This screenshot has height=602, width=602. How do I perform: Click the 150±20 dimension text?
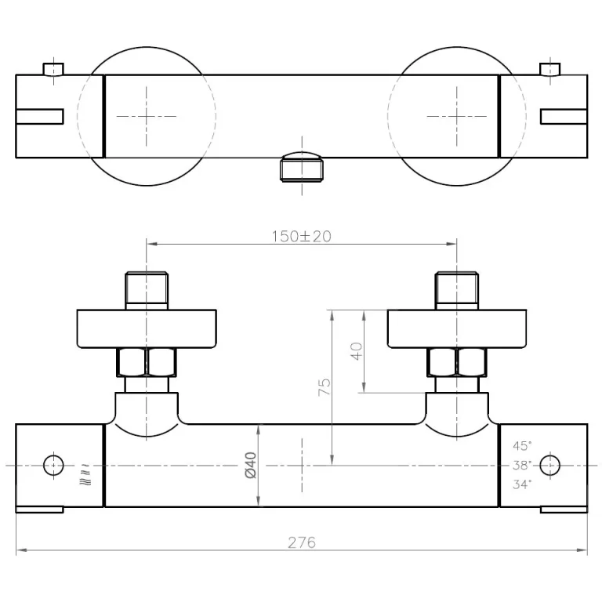click(302, 236)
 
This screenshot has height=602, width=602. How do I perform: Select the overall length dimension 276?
click(302, 542)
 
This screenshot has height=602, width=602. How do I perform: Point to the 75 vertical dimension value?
click(325, 386)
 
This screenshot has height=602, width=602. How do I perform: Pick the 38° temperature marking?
click(522, 465)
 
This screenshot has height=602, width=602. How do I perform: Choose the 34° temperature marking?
click(522, 484)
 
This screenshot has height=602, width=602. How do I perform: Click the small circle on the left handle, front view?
click(54, 465)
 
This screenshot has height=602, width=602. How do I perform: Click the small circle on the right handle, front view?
click(550, 465)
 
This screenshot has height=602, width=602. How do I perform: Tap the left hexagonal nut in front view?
click(147, 363)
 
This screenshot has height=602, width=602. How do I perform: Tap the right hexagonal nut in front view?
click(457, 363)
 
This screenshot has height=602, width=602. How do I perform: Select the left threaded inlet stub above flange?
click(147, 288)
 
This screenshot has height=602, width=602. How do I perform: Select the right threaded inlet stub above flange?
click(457, 288)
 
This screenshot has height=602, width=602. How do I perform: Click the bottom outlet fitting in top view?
click(300, 168)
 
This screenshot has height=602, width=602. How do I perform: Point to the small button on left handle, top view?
click(54, 69)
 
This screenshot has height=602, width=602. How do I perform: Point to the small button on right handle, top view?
click(550, 69)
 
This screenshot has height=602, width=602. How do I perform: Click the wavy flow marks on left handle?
click(82, 473)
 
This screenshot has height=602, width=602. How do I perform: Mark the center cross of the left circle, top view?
click(147, 116)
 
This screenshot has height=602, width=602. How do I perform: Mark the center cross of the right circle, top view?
click(457, 116)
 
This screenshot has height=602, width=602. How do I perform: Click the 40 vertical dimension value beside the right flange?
click(357, 351)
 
